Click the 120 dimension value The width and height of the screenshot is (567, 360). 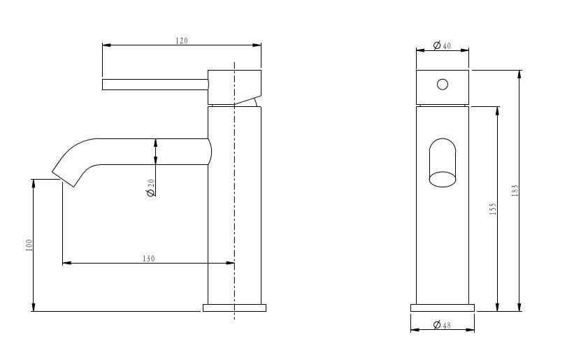pyautogui.click(x=182, y=41)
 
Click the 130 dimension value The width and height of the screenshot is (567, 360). pyautogui.click(x=149, y=259)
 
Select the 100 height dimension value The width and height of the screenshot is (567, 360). pyautogui.click(x=29, y=245)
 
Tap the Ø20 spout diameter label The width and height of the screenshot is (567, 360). pyautogui.click(x=151, y=187)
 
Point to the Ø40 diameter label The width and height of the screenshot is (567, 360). pyautogui.click(x=442, y=45)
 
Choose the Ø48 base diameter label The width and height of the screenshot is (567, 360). pyautogui.click(x=442, y=325)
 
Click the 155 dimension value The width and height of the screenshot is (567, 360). pyautogui.click(x=493, y=209)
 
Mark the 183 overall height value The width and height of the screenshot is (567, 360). pyautogui.click(x=515, y=190)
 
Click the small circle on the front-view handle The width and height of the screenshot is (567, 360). pyautogui.click(x=443, y=84)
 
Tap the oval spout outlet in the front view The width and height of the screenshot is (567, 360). pyautogui.click(x=443, y=179)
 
